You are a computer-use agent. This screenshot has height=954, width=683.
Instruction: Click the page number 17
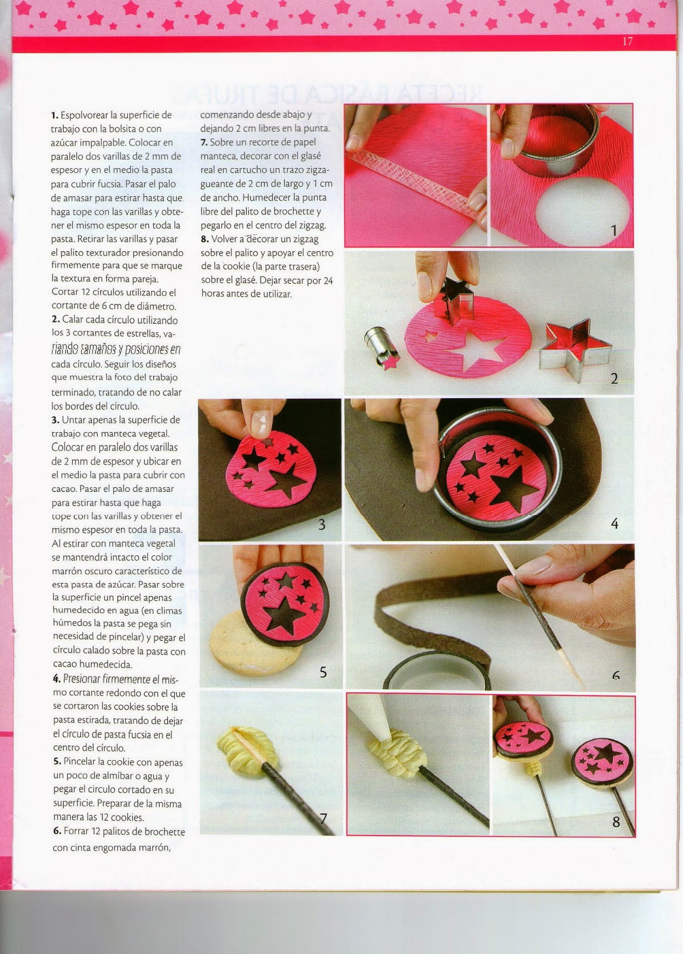(626, 41)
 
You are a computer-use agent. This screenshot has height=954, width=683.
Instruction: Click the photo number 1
(614, 230)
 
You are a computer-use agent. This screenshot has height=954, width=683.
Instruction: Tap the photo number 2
(614, 378)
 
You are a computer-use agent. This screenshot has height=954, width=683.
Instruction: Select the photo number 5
(323, 672)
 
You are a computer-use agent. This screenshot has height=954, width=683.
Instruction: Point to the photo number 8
(616, 822)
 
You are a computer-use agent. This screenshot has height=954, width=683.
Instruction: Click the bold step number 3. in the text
(55, 420)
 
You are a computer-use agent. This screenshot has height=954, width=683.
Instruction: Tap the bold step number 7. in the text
(204, 143)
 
